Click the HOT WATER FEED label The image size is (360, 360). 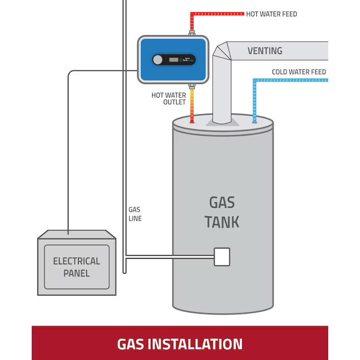point(271,14)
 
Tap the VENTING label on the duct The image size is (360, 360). point(264,51)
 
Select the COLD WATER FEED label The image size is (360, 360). point(299,72)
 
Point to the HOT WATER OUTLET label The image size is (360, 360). point(169,99)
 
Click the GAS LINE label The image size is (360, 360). point(135,214)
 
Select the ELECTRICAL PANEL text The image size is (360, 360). point(76,267)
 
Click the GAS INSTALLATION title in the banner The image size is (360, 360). point(180,343)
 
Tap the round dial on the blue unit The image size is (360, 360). point(158,60)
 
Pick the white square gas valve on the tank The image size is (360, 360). point(222,256)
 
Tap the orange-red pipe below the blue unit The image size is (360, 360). point(192,106)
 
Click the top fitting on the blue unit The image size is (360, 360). point(192,33)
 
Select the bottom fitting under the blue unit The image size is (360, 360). point(192,86)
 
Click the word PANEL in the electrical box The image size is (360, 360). point(76,274)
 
